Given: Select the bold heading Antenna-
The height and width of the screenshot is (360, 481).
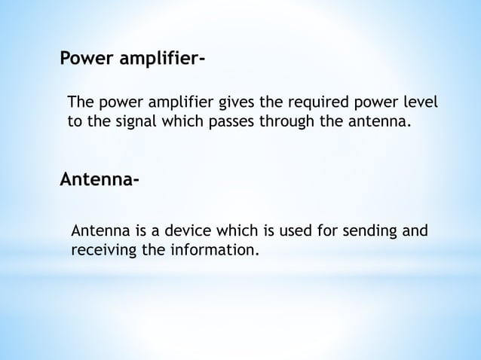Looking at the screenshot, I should pos(99,181).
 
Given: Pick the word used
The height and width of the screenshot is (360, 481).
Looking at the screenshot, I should pos(280,230).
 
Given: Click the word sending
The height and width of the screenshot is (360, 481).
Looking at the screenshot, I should pos(361,230).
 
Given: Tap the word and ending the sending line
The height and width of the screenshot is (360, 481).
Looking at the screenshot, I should pos(412,230).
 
